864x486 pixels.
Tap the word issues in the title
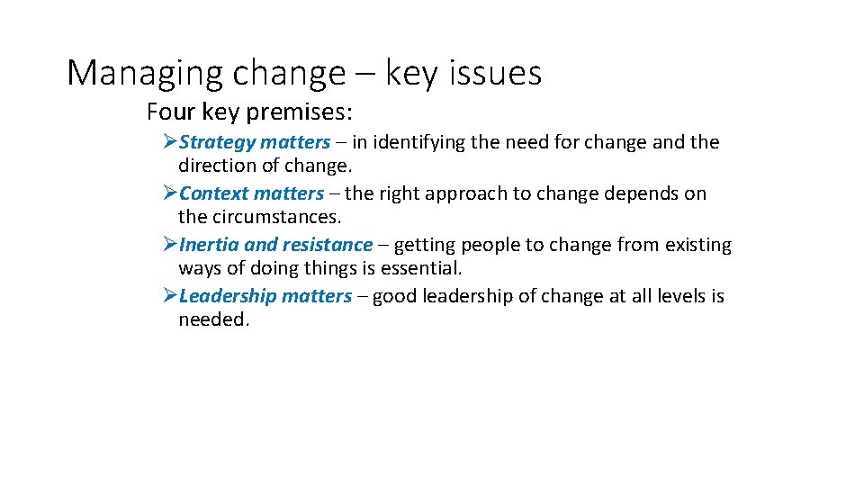(x=498, y=73)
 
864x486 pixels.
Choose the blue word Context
(x=213, y=193)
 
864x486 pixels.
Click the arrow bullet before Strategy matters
(x=170, y=142)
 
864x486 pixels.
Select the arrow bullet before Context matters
(x=170, y=193)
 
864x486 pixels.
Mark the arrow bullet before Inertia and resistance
(x=170, y=245)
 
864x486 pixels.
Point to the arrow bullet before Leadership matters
(x=170, y=296)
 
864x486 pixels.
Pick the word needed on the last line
(x=212, y=319)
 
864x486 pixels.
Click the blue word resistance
(x=327, y=245)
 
